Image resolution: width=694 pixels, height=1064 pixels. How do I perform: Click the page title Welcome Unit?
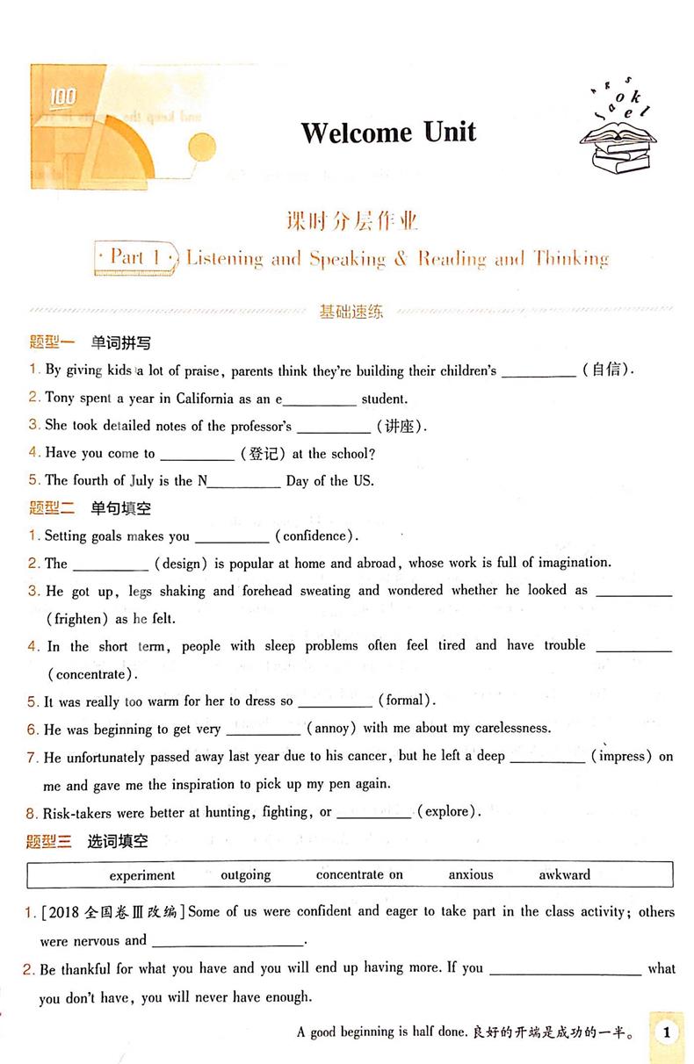click(388, 133)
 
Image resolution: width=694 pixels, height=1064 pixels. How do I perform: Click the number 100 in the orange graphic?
click(63, 97)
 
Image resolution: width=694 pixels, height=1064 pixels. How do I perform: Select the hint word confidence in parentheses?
click(315, 536)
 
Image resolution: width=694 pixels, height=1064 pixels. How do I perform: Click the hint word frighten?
click(77, 618)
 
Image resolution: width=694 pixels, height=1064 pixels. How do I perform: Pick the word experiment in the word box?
click(142, 874)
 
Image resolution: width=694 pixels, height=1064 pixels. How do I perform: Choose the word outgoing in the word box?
click(246, 874)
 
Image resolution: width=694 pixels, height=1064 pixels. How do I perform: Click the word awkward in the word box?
click(565, 874)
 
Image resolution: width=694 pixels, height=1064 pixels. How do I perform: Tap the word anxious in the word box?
click(471, 874)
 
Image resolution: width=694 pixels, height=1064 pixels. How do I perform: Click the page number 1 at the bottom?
click(667, 1032)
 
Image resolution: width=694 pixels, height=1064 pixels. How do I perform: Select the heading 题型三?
click(49, 841)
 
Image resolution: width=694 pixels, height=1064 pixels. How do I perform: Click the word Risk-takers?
click(79, 812)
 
